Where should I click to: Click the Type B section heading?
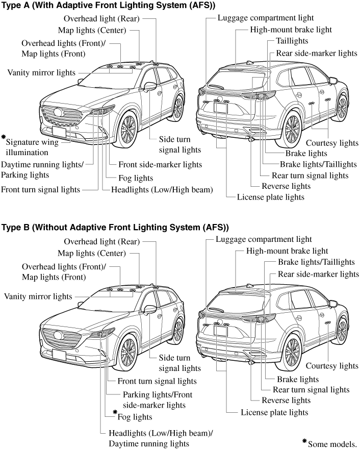click(115, 227)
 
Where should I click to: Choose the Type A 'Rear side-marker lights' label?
click(316, 53)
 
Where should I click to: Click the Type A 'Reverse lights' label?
click(286, 186)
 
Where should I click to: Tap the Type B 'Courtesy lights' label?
click(332, 366)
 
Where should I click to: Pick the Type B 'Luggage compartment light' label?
click(263, 239)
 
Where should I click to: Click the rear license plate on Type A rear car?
click(221, 106)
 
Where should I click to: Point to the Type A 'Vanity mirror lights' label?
click(41, 72)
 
